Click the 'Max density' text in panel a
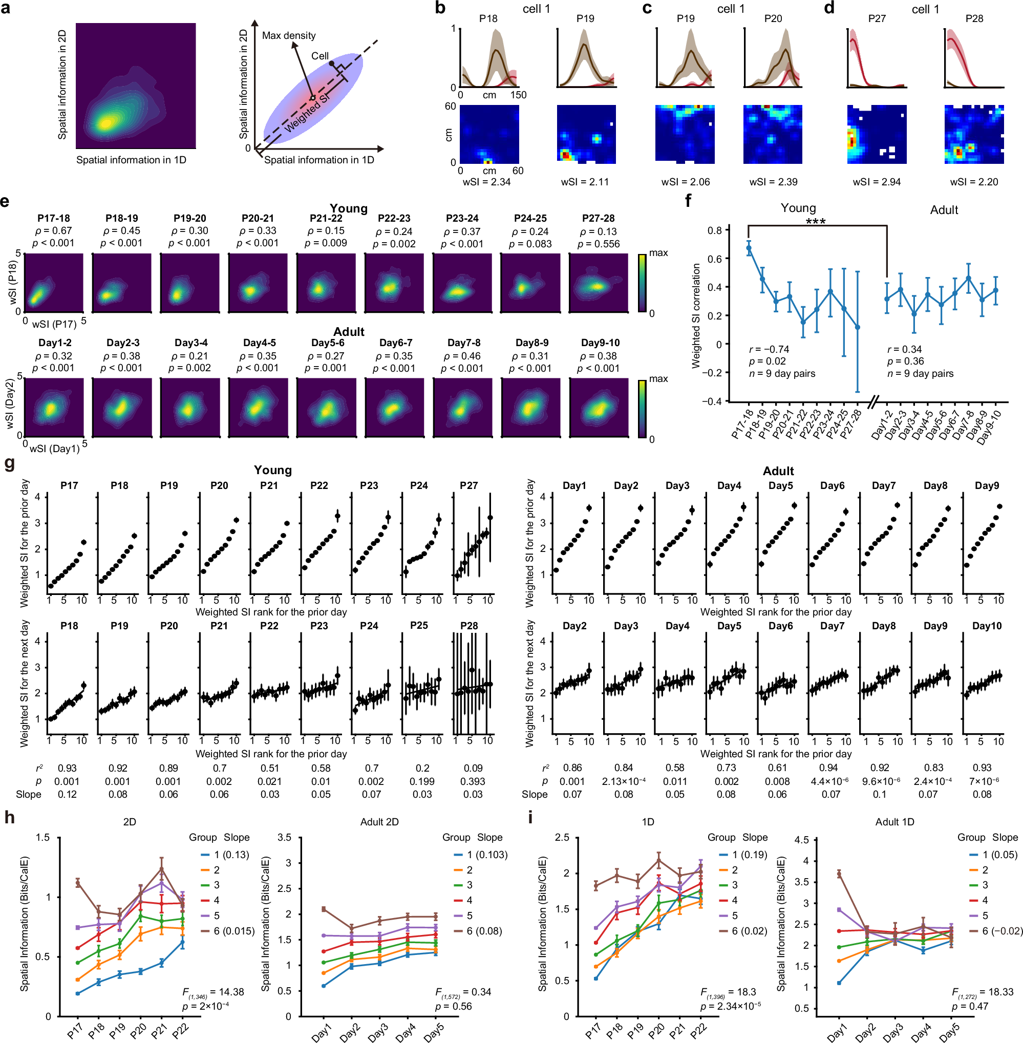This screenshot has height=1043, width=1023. pyautogui.click(x=289, y=35)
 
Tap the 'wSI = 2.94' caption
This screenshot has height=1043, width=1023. pyautogui.click(x=877, y=182)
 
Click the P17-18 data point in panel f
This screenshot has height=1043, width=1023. pyautogui.click(x=749, y=248)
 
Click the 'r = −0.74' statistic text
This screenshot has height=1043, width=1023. pyautogui.click(x=769, y=349)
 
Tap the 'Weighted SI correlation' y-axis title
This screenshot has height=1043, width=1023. pyautogui.click(x=696, y=315)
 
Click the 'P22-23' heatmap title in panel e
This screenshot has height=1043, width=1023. pyautogui.click(x=394, y=218)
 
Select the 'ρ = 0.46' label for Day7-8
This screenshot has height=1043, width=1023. pyautogui.click(x=461, y=356)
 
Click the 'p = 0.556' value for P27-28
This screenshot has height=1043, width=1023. pyautogui.click(x=598, y=243)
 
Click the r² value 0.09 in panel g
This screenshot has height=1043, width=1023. pyautogui.click(x=473, y=768)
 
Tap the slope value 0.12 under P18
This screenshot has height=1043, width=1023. pyautogui.click(x=67, y=794)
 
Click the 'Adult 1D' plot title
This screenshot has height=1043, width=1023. pyautogui.click(x=894, y=822)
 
